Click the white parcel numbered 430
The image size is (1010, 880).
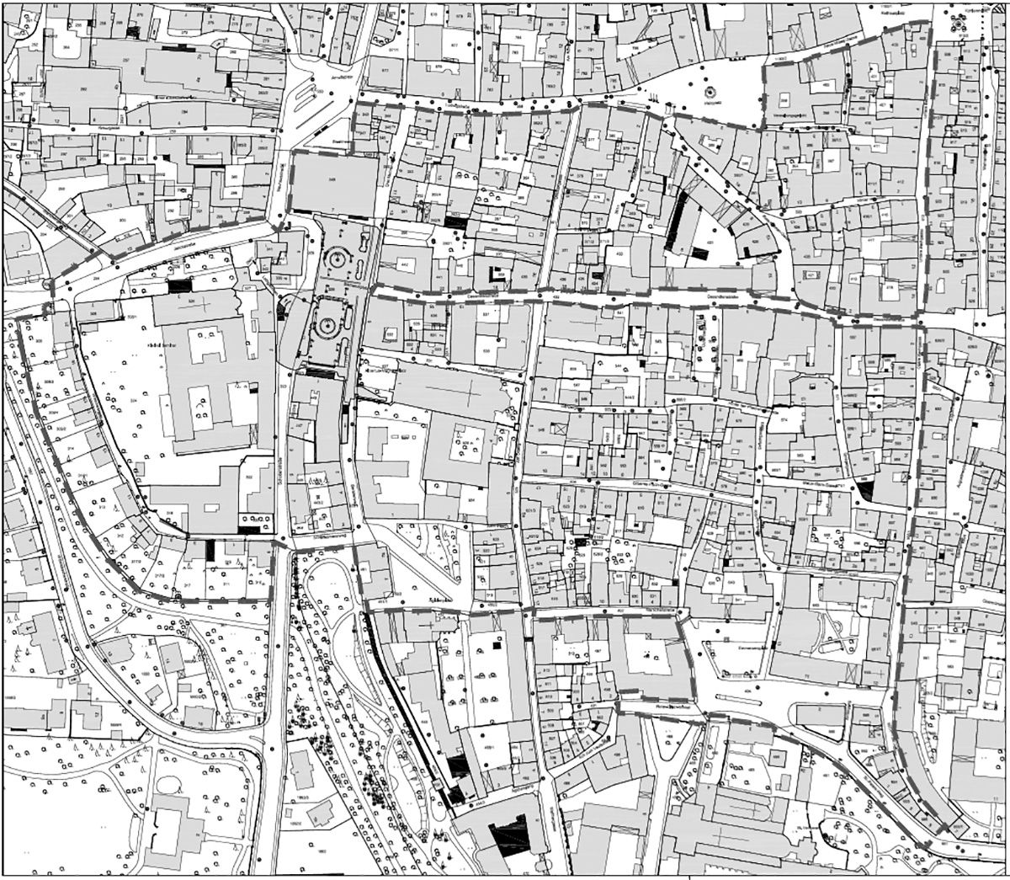pos(620,255)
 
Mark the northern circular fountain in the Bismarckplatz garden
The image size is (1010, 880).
pos(339,259)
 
